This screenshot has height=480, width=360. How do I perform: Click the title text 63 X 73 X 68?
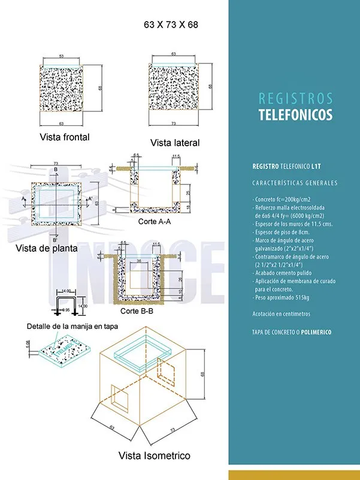[171, 25]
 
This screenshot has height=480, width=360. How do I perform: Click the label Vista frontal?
[65, 137]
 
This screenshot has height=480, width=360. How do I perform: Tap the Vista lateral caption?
[175, 143]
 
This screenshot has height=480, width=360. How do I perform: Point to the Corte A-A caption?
[154, 222]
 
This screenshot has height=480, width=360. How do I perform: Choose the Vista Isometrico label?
[154, 455]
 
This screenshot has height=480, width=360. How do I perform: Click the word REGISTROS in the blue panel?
[295, 98]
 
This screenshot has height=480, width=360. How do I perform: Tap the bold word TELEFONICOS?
[295, 115]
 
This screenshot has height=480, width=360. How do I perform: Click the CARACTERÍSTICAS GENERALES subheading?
[295, 183]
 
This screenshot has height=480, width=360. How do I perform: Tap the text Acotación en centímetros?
[282, 314]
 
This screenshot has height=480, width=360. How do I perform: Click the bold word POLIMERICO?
[316, 331]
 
